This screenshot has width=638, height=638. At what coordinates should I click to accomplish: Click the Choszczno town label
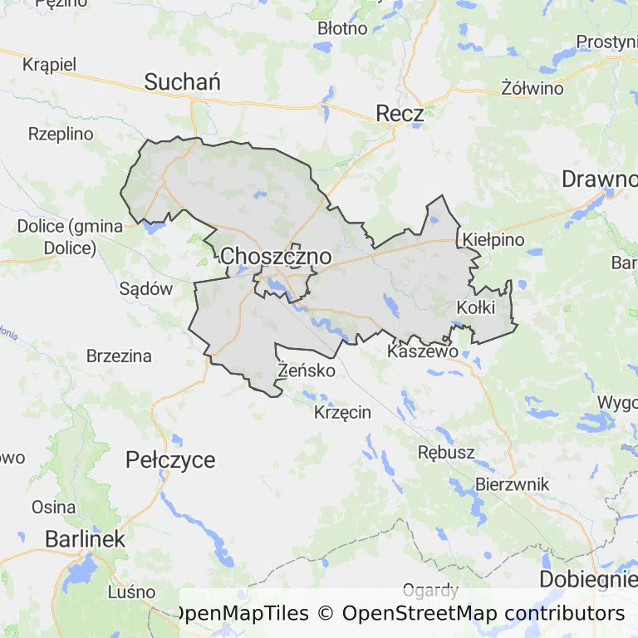coord(276,257)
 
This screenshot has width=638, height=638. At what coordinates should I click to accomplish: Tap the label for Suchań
coord(182,81)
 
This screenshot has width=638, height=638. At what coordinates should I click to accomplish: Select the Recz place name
coord(400,114)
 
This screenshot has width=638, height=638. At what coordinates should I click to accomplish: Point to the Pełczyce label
coord(170,459)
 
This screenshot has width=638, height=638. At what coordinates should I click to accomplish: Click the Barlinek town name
coord(85,538)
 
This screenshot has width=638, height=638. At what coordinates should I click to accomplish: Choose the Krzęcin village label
coord(343,412)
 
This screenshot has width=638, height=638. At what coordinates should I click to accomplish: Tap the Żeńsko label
coord(307,370)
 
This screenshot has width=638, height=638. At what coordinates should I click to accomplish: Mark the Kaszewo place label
coord(423,351)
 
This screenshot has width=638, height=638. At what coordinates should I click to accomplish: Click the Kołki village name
coord(476,307)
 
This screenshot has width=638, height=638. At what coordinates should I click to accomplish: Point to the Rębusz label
coord(446,453)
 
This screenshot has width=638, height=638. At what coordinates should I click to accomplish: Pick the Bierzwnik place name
coord(513,484)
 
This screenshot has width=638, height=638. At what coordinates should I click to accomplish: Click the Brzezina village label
coord(119,356)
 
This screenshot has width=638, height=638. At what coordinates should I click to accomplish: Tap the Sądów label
coord(145,289)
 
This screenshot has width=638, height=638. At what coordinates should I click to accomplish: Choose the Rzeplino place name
coord(61,133)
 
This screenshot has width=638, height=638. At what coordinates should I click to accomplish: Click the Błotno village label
coord(342,28)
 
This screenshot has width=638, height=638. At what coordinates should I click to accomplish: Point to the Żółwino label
coord(532,88)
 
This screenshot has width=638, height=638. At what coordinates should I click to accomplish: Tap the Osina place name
coord(53,507)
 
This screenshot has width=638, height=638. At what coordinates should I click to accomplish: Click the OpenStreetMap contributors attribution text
coord(483,614)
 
